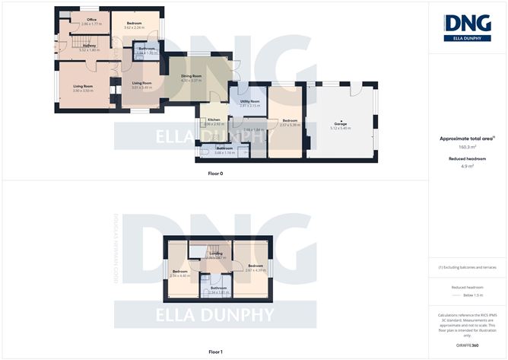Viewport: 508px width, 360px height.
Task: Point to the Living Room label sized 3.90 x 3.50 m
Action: coord(83,87)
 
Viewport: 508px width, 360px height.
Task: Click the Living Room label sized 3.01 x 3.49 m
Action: coord(142,84)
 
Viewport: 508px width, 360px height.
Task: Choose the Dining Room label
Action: coord(191,77)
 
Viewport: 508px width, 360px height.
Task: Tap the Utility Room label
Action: coord(250,102)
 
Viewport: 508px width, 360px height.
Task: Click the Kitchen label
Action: coord(214,120)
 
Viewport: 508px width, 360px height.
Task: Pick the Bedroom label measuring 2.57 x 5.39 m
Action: coord(291,121)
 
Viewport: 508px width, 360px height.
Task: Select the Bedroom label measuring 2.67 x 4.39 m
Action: coord(254,266)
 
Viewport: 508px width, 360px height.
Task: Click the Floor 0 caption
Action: coord(215,174)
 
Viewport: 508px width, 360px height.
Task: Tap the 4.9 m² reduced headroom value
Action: coord(467,166)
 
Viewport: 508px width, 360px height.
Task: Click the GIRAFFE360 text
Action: coord(467,346)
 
